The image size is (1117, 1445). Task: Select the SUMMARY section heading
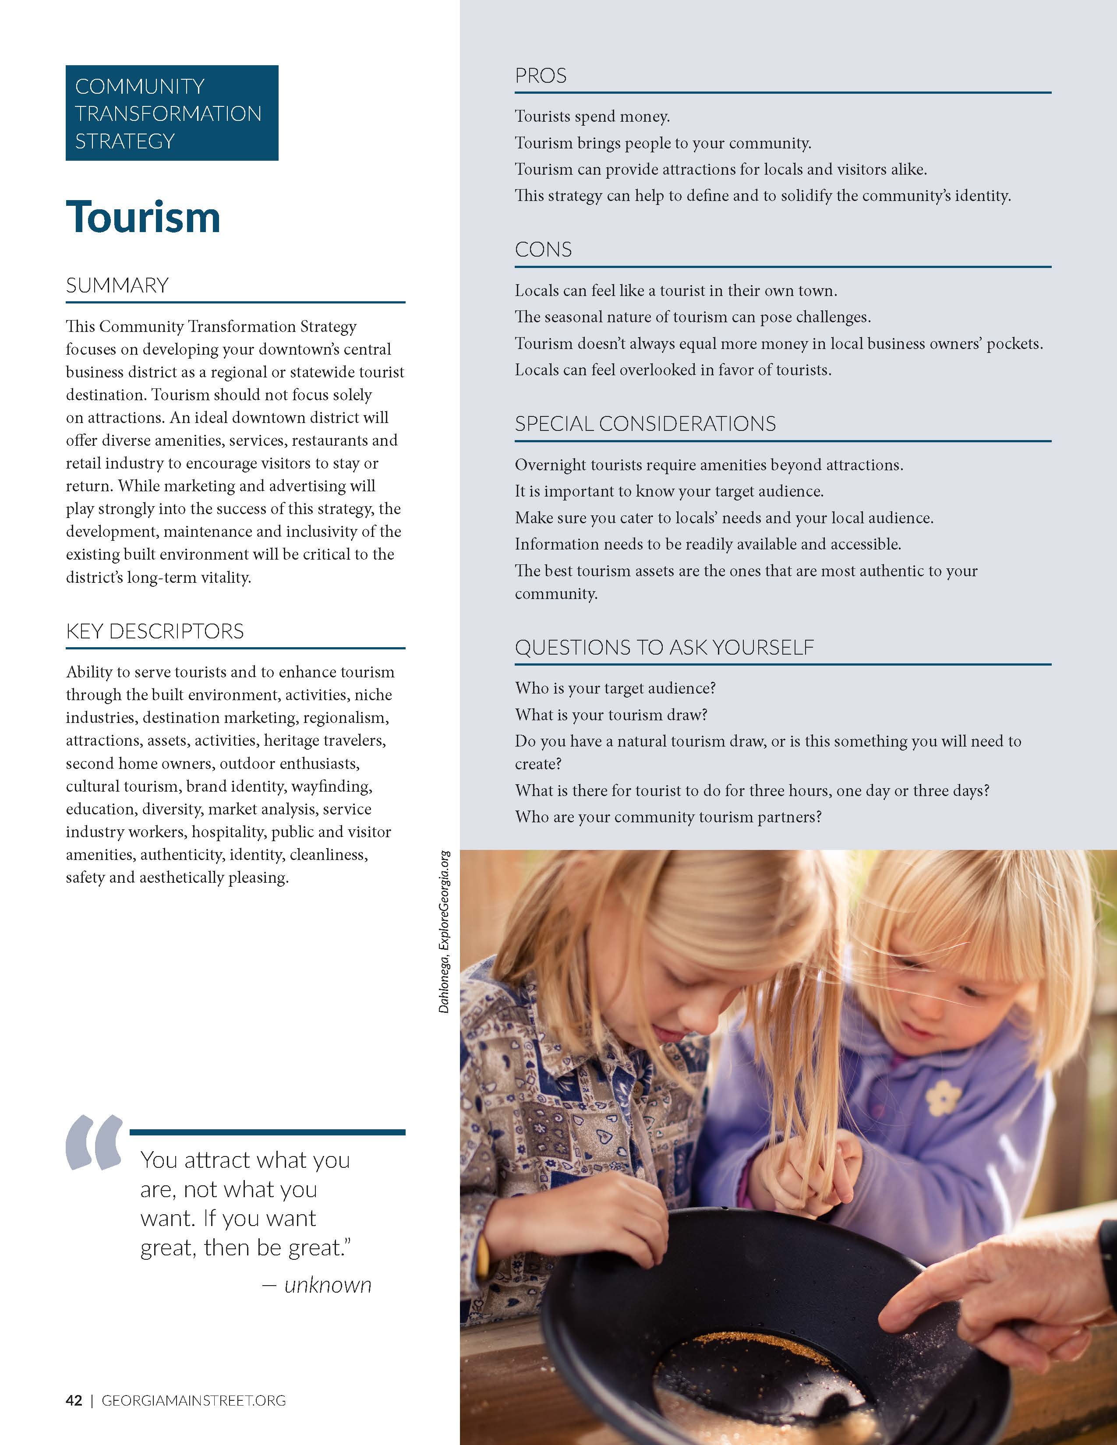coord(117,285)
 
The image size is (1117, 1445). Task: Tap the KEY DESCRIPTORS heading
coord(155,631)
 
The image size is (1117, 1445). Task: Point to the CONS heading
coord(543,250)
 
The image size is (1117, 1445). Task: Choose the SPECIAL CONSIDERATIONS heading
coord(645,423)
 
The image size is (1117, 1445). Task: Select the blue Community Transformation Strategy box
coord(171,113)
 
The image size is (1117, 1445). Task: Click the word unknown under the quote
coord(328,1285)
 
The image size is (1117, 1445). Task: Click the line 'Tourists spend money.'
coord(592,117)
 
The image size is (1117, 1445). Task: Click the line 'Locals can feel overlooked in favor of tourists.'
coord(673,370)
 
